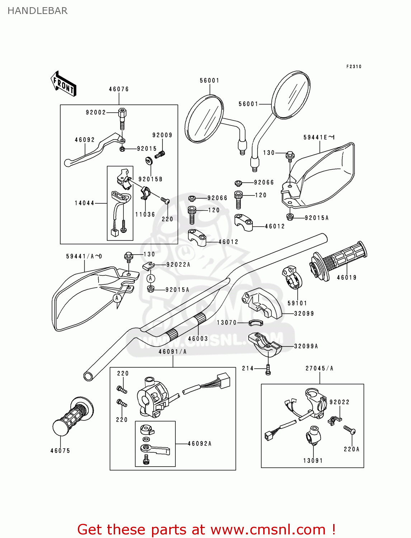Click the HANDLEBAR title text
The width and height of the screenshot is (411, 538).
(37, 11)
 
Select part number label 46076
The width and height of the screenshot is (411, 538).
(119, 89)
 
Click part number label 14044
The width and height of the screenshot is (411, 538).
(84, 203)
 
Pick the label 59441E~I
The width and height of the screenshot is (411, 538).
(319, 137)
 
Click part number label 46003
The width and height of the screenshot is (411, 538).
(198, 339)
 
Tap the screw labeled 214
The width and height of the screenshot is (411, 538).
(268, 370)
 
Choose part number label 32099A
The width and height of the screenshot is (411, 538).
(306, 346)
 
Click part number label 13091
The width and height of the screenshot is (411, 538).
(313, 461)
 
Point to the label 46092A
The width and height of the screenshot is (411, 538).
(199, 444)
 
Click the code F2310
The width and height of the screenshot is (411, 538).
(354, 67)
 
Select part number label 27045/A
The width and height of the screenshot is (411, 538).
(319, 368)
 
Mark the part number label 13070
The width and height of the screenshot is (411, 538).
(227, 322)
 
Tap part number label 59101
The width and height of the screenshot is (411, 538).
(297, 303)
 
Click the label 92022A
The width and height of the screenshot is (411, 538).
(178, 265)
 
